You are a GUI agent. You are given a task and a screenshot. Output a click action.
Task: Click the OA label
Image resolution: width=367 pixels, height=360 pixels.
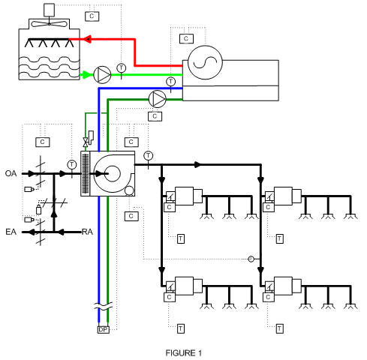(11, 163)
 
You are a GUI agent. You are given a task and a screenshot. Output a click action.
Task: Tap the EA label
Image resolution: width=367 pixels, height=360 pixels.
(11, 232)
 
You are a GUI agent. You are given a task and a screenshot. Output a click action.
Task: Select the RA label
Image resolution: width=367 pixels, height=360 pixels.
(87, 232)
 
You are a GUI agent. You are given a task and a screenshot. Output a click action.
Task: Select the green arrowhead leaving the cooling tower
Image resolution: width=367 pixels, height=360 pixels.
(85, 73)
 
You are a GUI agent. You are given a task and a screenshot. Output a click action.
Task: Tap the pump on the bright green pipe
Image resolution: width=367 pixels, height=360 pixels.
(104, 73)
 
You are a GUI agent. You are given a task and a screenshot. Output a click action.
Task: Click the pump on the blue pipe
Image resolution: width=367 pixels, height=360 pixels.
(158, 98)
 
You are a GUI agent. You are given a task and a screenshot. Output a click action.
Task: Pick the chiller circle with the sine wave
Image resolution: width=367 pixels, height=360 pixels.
(201, 63)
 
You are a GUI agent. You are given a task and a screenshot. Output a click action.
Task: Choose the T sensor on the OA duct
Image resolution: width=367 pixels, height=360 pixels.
(71, 163)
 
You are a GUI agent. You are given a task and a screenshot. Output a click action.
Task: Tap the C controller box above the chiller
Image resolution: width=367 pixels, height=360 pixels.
(185, 37)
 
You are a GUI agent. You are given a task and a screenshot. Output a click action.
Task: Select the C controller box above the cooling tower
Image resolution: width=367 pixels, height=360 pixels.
(92, 15)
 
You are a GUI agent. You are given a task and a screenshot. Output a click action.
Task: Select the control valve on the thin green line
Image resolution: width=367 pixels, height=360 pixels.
(86, 142)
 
